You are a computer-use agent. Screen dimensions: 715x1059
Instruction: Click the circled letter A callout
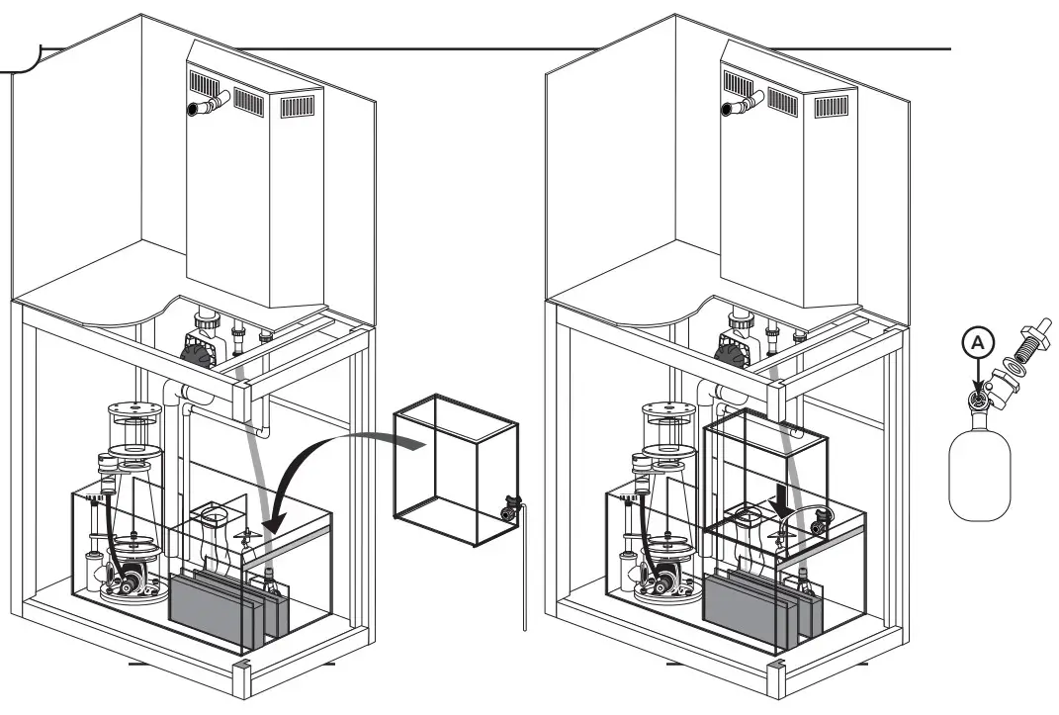click(976, 343)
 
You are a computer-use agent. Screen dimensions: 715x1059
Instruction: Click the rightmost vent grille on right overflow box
click(831, 105)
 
